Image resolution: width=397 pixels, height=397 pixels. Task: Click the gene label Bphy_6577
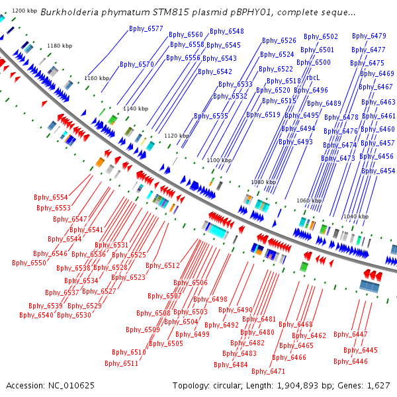point(146,29)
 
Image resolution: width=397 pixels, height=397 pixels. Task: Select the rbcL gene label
point(313,77)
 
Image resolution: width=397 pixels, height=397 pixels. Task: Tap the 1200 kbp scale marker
point(24,11)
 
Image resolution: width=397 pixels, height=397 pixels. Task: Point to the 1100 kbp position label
point(219,160)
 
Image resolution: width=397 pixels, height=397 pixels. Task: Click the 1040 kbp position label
point(356,216)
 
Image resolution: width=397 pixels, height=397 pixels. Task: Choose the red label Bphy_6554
point(51,197)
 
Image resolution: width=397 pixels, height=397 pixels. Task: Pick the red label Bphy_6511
point(122,363)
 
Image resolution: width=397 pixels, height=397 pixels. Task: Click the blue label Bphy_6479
point(369,36)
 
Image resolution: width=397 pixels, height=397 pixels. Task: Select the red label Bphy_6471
point(269,371)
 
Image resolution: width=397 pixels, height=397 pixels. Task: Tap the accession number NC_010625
point(71,386)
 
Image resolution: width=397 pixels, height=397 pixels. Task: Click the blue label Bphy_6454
point(378,171)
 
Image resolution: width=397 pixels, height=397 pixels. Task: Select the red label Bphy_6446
point(351,361)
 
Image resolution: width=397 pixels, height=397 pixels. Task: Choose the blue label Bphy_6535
point(211,116)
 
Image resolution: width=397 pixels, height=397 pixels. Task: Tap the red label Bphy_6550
point(29,263)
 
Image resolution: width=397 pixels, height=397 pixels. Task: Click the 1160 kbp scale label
point(97,78)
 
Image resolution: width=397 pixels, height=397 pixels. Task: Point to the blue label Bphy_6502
point(321,36)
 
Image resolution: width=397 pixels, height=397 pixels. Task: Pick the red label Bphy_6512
point(163,265)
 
